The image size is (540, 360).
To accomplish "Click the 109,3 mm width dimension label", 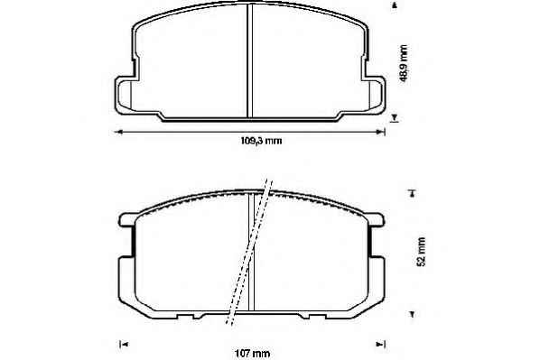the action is tap(261, 141).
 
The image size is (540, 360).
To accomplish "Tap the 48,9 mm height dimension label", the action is tap(403, 63).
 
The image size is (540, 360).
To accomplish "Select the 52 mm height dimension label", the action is tap(421, 251).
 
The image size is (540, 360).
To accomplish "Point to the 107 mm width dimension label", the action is tap(253, 354).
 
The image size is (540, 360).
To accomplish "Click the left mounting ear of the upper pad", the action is tap(125, 95).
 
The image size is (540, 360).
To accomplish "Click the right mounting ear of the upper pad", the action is tap(375, 94).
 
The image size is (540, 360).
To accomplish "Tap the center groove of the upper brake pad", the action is tap(250, 60).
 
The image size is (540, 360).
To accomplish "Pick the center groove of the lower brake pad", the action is tap(251, 252).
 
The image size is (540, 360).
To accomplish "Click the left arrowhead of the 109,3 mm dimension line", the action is tap(119, 132).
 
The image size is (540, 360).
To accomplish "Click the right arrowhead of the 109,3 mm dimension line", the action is tap(381, 132).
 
